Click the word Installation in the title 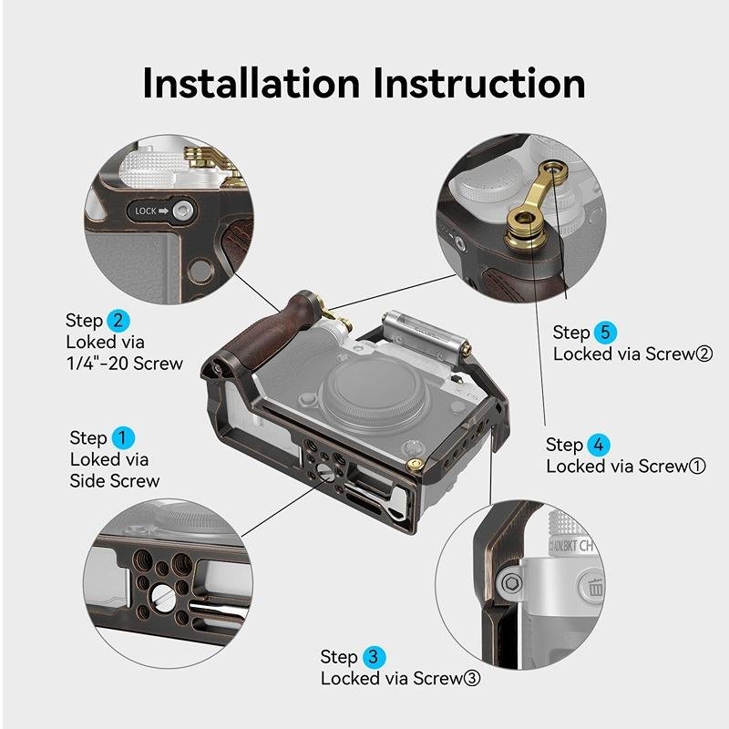(x=252, y=83)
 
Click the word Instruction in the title (x=479, y=83)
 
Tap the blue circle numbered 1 (x=123, y=438)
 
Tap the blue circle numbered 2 (x=118, y=321)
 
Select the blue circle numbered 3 (x=374, y=657)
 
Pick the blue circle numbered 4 (x=599, y=445)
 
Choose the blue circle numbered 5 (x=605, y=333)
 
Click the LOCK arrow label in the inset (x=151, y=211)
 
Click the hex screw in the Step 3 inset (x=511, y=582)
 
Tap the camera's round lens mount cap (x=375, y=389)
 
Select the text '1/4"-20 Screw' (x=125, y=364)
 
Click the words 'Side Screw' (x=115, y=481)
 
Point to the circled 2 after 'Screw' (x=703, y=354)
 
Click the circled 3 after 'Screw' (x=472, y=679)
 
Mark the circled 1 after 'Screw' (x=697, y=467)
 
